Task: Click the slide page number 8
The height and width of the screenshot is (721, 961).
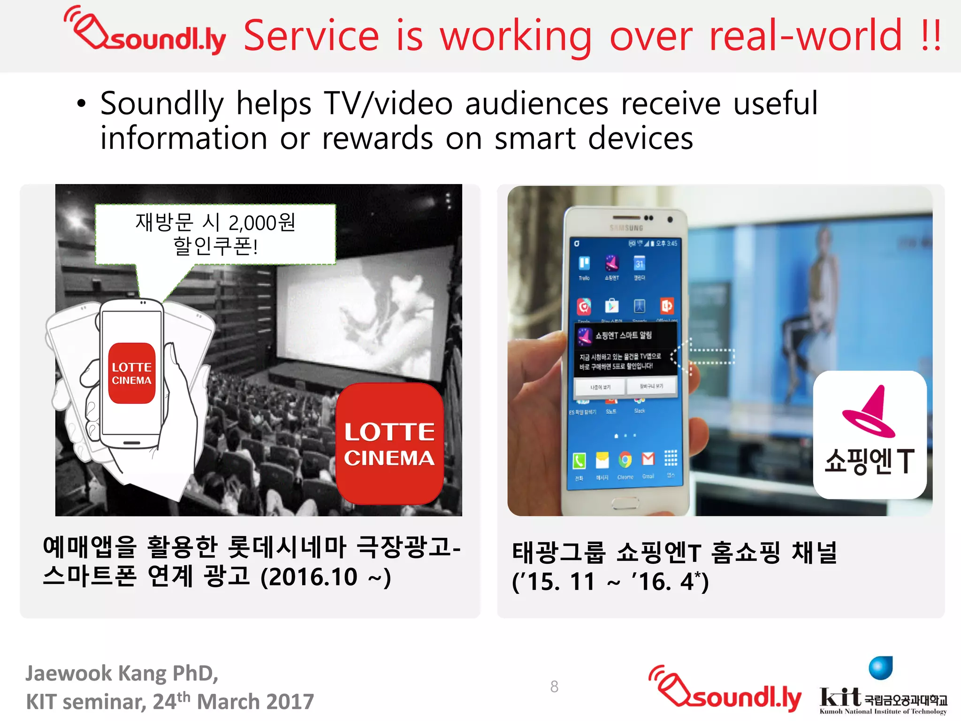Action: [554, 686]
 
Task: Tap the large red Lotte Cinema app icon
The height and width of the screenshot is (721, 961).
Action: [389, 444]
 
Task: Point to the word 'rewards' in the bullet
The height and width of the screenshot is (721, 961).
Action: [377, 139]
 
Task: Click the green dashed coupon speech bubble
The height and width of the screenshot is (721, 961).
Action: [215, 234]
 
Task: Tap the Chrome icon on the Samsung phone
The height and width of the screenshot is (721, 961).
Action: [625, 460]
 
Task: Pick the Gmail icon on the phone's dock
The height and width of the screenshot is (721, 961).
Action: [648, 459]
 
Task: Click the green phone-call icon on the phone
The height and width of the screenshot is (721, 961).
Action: [579, 461]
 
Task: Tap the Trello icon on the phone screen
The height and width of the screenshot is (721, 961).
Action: [584, 263]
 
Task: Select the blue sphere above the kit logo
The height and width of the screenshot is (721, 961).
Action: [880, 667]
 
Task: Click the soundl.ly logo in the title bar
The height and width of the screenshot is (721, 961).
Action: [145, 32]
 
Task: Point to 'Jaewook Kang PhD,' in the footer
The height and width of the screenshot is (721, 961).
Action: [122, 673]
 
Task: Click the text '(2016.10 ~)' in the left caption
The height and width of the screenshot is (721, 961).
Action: [325, 577]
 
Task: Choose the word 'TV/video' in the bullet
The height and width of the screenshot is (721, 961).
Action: [389, 103]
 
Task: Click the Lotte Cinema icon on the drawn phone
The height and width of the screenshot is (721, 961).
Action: [132, 373]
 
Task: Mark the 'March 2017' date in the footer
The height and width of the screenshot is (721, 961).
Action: [255, 702]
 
